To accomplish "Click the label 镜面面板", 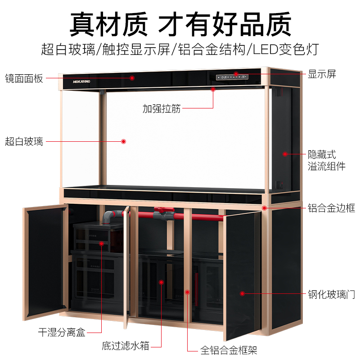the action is (x=24, y=78).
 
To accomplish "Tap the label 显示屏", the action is (x=322, y=74).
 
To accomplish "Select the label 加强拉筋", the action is (x=162, y=108).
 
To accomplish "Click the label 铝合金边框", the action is (x=331, y=208).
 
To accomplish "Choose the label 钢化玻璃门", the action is (x=331, y=294).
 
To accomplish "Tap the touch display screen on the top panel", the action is (x=232, y=77).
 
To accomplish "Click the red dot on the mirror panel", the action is (x=132, y=78).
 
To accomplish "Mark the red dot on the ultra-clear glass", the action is (x=123, y=141).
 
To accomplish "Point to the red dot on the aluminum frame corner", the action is (x=265, y=208).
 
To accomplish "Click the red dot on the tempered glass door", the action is (x=242, y=293).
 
